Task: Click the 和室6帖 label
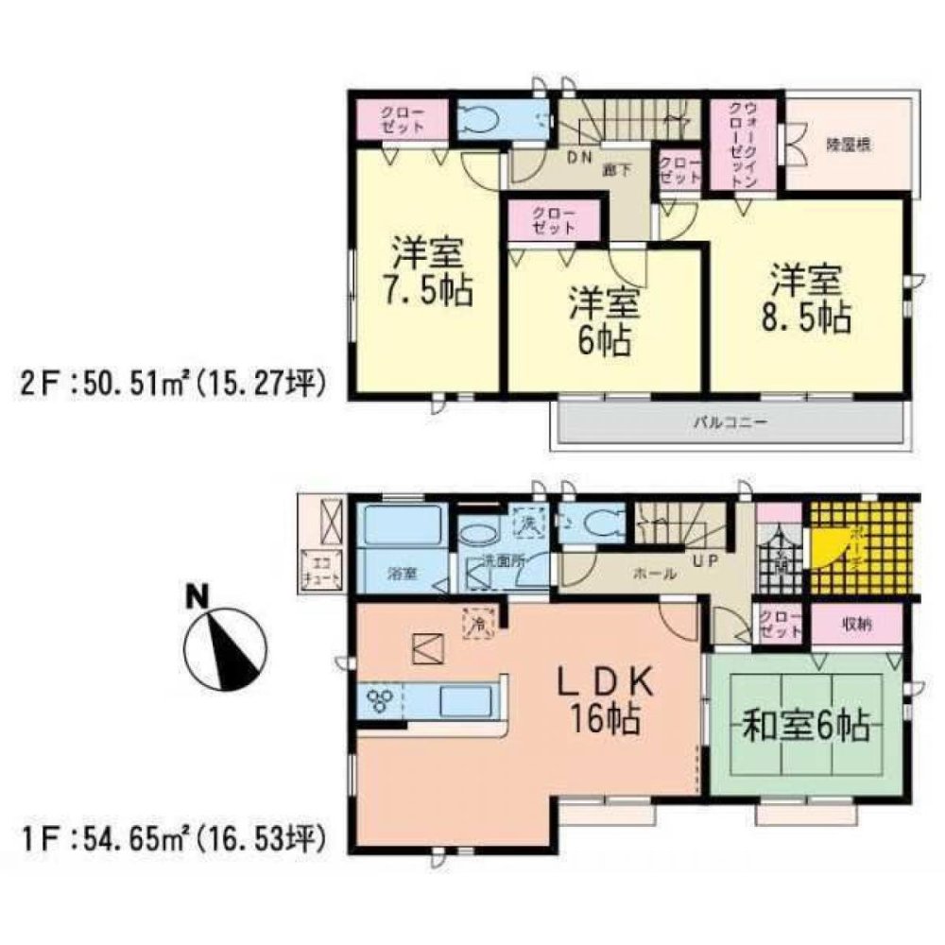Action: click(804, 729)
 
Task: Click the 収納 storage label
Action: click(857, 624)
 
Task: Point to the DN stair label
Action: click(577, 159)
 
